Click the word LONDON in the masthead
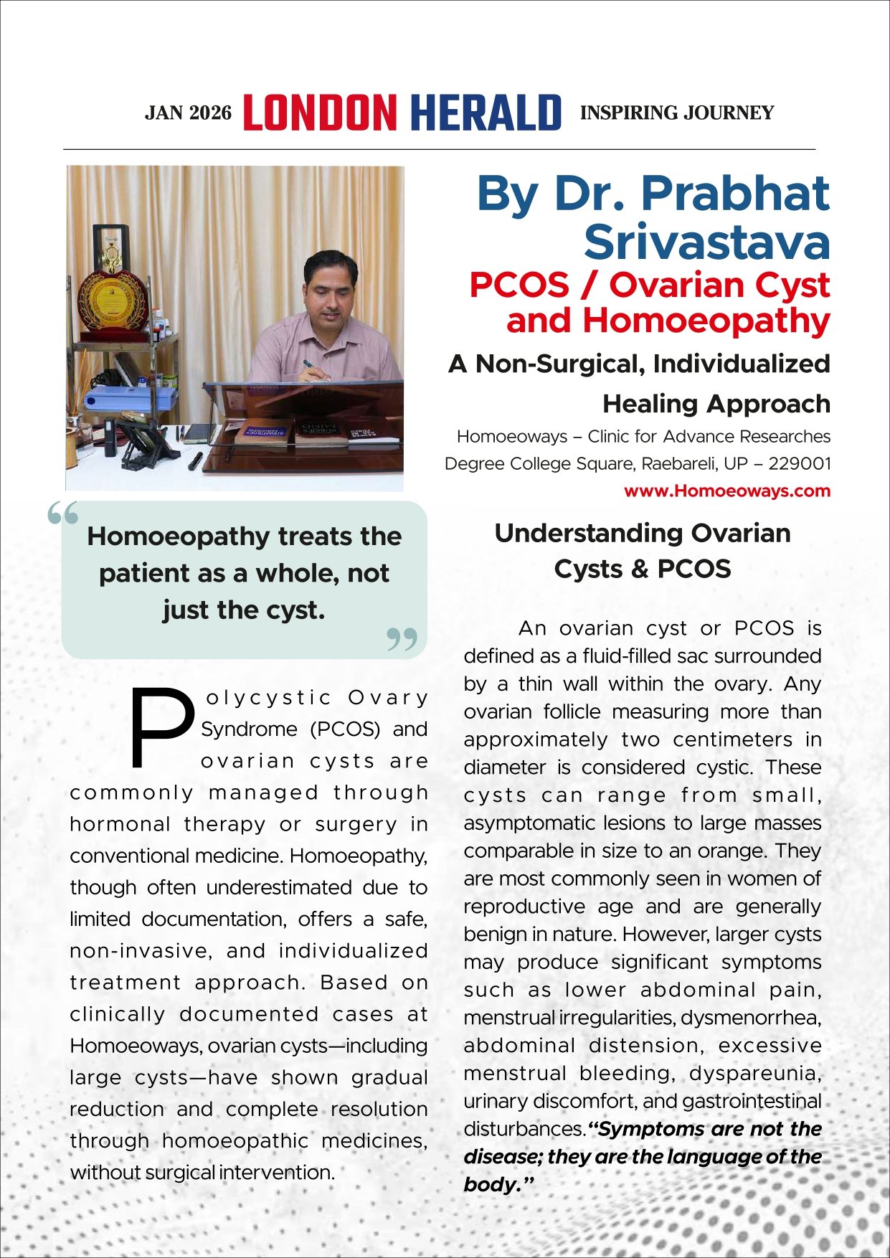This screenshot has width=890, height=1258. click(320, 113)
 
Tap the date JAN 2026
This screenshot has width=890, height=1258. click(188, 113)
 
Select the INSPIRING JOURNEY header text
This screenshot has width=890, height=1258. click(676, 113)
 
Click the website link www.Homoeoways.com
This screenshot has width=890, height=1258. click(726, 491)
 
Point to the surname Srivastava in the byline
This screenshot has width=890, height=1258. click(706, 242)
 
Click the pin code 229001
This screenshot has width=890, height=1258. click(800, 463)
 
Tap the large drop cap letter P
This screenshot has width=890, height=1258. click(162, 727)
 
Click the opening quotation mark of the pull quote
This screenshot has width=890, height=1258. click(63, 514)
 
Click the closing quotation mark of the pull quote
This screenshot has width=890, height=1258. click(402, 639)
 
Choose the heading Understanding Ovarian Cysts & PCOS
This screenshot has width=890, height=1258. click(642, 551)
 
